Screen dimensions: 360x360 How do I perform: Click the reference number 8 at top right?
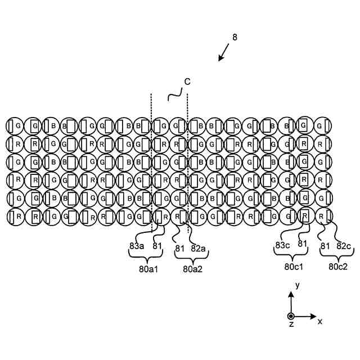pos(235,38)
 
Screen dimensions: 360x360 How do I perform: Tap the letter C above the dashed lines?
pos(187,82)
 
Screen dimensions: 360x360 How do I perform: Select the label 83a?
pos(136,245)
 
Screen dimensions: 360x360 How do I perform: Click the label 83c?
pos(282,245)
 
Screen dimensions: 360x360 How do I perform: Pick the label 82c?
pos(343,245)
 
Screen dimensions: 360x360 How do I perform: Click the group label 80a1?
pos(148,268)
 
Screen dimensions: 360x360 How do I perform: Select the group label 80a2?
pos(192,268)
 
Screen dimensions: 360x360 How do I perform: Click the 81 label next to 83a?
pos(157,245)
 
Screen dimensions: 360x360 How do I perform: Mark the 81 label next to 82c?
pos(325,245)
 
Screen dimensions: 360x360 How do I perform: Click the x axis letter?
pos(320,321)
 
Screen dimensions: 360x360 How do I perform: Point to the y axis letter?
pos(297,286)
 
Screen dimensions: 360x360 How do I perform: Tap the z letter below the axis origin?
pos(291,325)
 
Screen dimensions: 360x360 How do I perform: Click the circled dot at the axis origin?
pos(291,316)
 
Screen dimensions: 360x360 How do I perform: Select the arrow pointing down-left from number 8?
pos(224,52)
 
